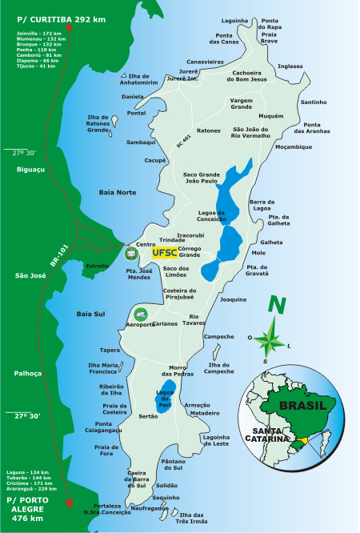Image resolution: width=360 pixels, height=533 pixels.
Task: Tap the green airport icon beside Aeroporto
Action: (x=142, y=314)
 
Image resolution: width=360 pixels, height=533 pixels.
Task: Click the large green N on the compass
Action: (x=277, y=305)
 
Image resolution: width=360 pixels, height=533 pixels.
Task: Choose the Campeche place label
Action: (x=219, y=337)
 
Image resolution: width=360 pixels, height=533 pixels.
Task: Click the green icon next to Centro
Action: (x=131, y=254)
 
